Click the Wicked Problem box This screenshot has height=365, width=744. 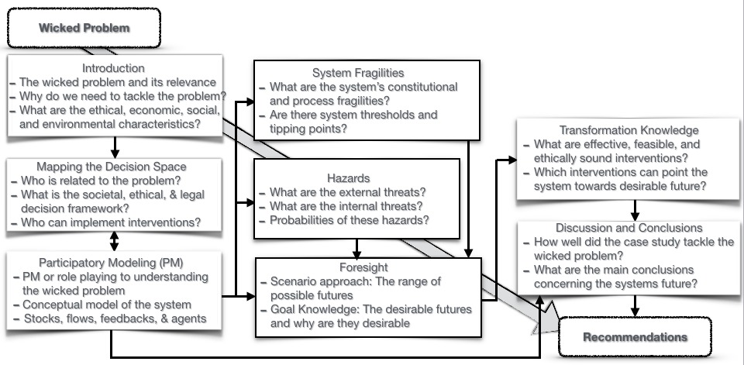84,29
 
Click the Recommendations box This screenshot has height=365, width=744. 634,337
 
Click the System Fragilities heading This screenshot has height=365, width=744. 357,73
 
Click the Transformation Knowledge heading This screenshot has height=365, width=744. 629,130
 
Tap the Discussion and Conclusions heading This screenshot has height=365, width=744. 629,228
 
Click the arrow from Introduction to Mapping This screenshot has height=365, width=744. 115,147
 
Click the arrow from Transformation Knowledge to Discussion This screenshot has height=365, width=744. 635,210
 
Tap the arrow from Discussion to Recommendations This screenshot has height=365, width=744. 635,306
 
